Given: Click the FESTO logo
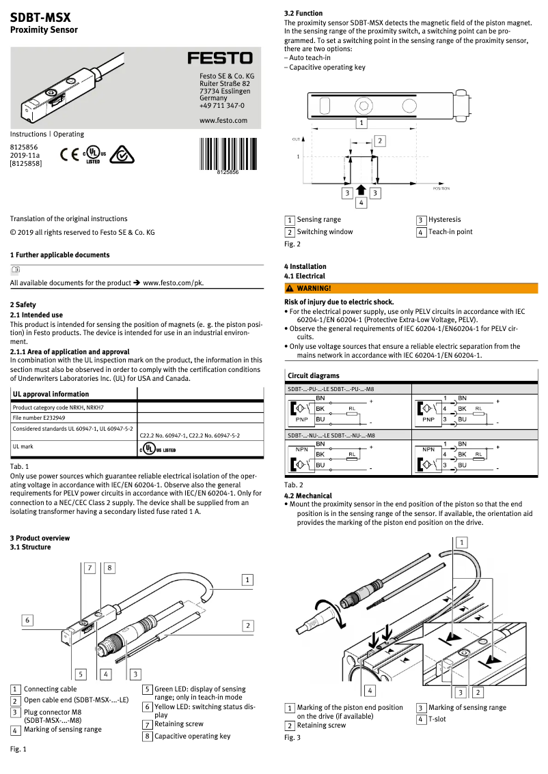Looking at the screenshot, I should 220,59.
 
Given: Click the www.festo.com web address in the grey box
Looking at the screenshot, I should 223,120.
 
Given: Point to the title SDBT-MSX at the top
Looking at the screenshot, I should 40,17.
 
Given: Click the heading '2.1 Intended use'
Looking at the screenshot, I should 36,315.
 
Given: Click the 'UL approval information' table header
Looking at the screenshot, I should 51,394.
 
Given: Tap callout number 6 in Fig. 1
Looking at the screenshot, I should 27,620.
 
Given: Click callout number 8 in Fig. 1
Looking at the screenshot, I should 109,567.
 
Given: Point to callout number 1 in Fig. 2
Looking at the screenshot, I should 361,123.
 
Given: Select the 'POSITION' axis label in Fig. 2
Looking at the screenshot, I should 441,188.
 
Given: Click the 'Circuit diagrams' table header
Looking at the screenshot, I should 313,375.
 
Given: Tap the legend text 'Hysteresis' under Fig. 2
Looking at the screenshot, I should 444,220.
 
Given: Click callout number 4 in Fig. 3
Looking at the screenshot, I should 369,690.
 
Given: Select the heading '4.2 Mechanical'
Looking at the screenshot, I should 308,496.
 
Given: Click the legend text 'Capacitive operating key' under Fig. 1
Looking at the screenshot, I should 192,736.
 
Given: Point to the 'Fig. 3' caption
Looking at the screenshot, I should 292,737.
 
